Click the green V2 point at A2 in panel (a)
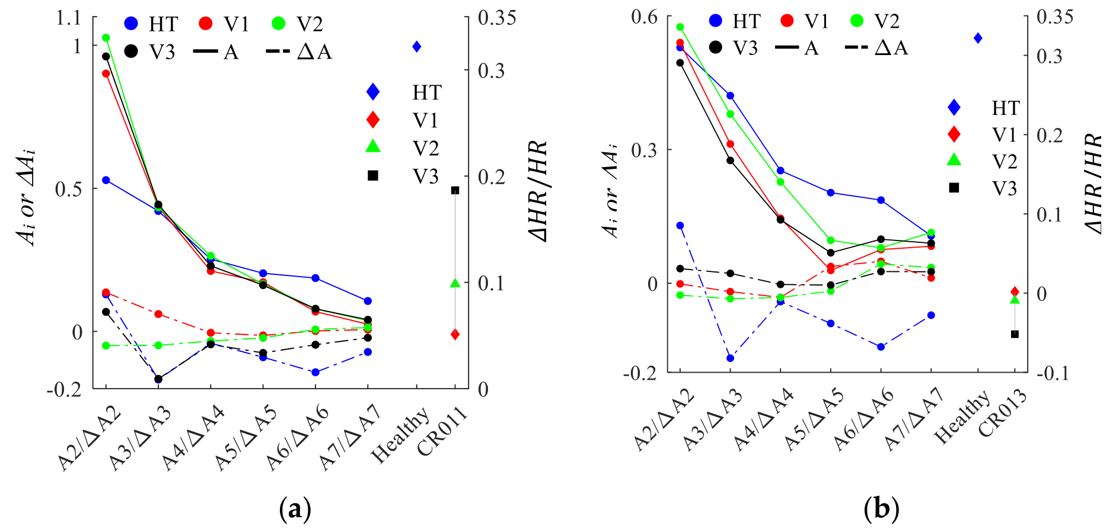coord(106,38)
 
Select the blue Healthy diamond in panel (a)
coord(417,46)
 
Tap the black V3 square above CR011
coord(455,190)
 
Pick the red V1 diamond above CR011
coord(455,335)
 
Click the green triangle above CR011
coord(455,283)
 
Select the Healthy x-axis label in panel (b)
coord(962,417)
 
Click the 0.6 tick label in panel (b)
coord(645,17)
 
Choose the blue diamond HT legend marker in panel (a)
coord(373,92)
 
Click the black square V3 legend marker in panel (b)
coord(954,188)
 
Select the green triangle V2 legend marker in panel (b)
coord(954,159)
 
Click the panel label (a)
coord(295,508)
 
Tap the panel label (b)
coord(881,508)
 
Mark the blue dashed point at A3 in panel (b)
coord(730,358)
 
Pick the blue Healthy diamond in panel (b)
coord(978,38)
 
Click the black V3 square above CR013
coord(1015,334)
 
